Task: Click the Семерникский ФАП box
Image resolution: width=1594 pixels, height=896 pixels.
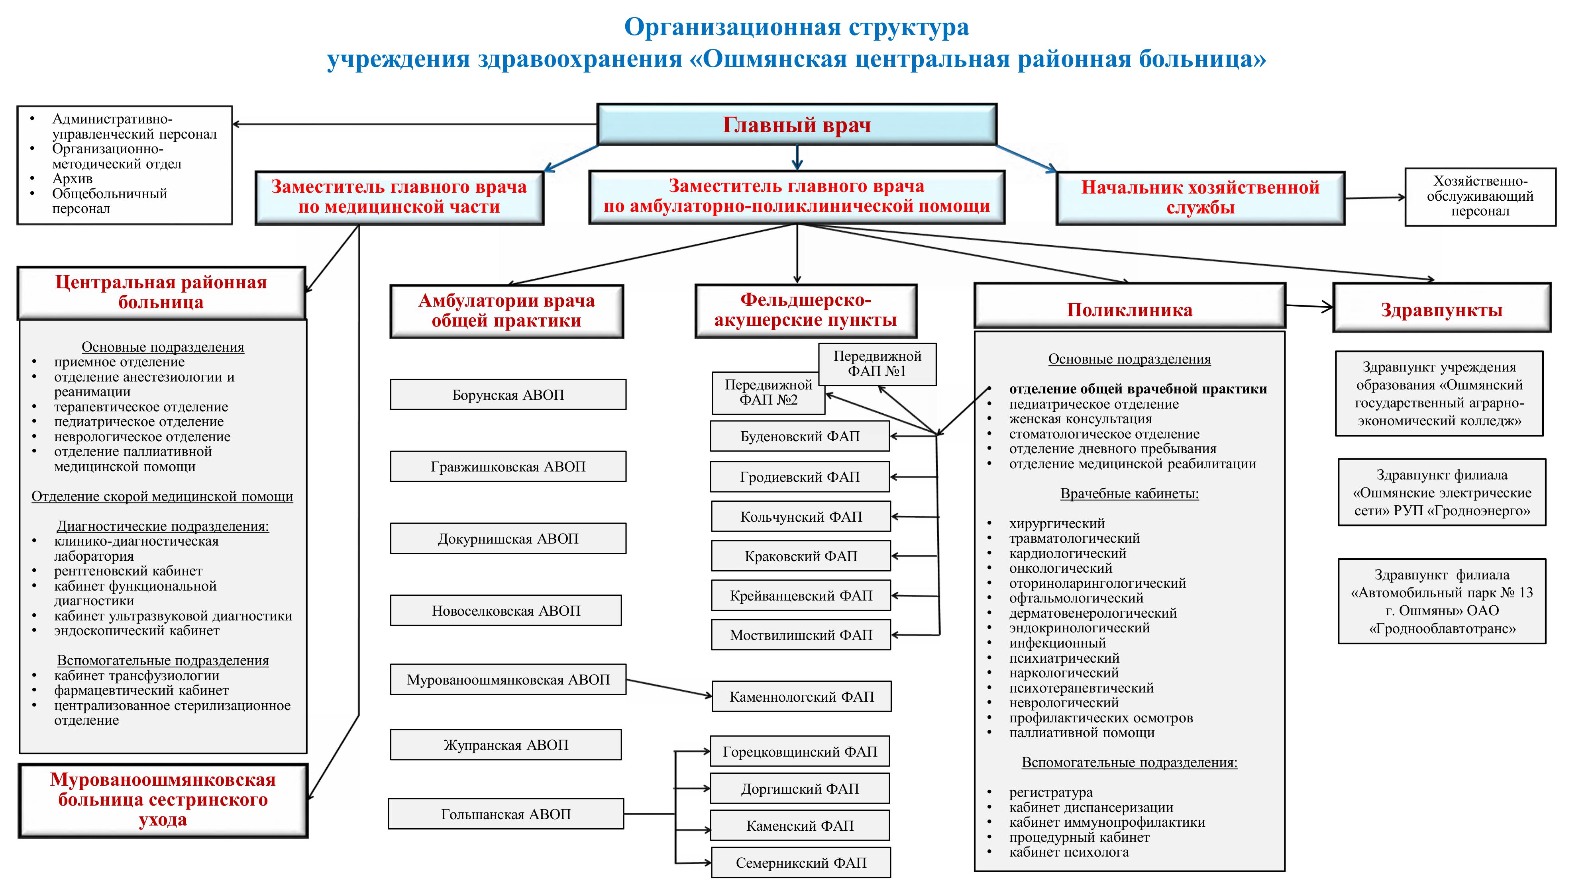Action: pyautogui.click(x=801, y=863)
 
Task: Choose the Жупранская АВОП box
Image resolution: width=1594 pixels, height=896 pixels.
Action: pyautogui.click(x=506, y=745)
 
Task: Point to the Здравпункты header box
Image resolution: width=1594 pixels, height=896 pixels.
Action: pyautogui.click(x=1441, y=309)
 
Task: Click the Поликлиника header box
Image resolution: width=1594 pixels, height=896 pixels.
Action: pyautogui.click(x=1129, y=309)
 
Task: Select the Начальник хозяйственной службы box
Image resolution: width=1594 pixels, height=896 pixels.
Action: pyautogui.click(x=1200, y=197)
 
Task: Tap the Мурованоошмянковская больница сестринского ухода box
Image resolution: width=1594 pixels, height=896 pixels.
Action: pyautogui.click(x=163, y=800)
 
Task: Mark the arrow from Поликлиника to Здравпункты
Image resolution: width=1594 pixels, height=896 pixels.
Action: pyautogui.click(x=1309, y=306)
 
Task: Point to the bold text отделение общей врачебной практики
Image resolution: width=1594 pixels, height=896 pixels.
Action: pyautogui.click(x=1137, y=389)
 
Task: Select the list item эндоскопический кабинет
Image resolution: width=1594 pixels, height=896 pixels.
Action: pyautogui.click(x=136, y=631)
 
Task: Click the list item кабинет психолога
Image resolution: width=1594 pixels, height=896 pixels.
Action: pyautogui.click(x=1069, y=852)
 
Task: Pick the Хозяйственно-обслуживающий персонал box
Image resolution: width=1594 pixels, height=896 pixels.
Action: pyautogui.click(x=1480, y=197)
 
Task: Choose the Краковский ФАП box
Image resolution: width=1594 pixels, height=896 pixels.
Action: pyautogui.click(x=801, y=556)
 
